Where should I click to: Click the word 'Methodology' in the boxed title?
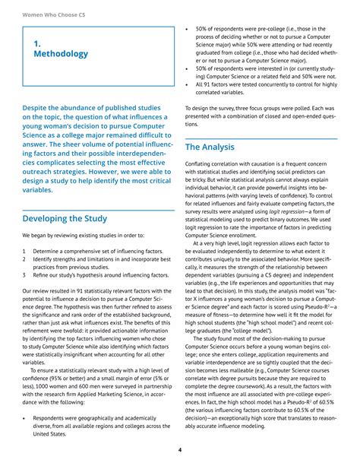(61, 54)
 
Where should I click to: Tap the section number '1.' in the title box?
(37, 43)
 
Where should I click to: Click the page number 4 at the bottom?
(179, 450)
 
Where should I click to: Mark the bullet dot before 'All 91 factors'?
(188, 84)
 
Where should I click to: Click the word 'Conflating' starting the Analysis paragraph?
(201, 164)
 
